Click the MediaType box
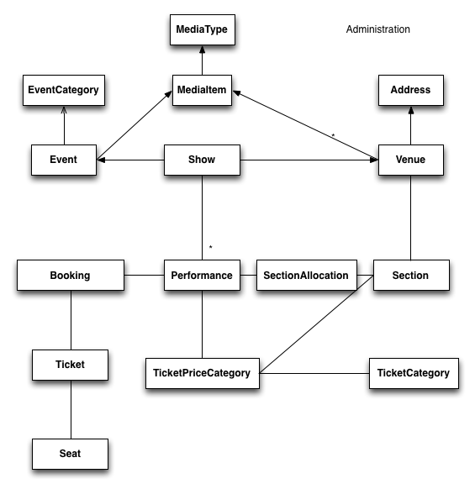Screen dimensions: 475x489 203,29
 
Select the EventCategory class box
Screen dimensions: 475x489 64,90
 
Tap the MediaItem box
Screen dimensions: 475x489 202,90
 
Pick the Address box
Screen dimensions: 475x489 411,90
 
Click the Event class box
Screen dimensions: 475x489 64,160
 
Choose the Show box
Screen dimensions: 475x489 202,160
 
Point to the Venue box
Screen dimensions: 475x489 411,160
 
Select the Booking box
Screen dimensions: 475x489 71,275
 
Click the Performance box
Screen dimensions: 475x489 202,275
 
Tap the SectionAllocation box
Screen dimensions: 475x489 307,275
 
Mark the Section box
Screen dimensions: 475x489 411,275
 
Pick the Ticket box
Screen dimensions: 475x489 71,365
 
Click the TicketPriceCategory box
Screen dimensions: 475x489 203,373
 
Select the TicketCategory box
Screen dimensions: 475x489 414,373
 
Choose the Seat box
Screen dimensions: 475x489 71,454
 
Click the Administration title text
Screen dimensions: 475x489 378,29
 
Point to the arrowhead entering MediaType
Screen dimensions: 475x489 203,50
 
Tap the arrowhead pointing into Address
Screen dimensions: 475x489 411,110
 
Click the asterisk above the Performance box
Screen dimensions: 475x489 211,247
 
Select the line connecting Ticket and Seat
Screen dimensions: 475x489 71,409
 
